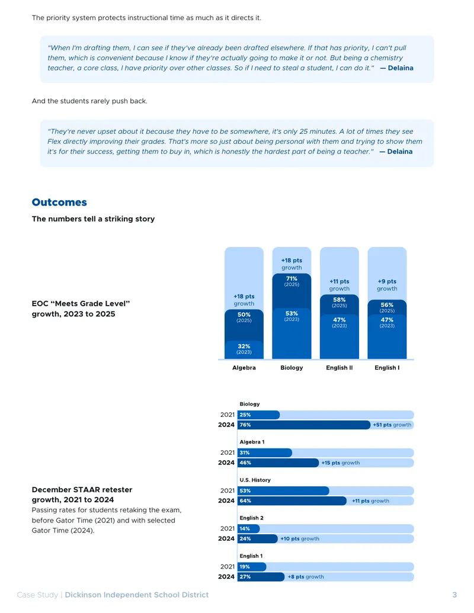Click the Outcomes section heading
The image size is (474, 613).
pyautogui.click(x=59, y=202)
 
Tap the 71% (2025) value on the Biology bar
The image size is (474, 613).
pyautogui.click(x=292, y=281)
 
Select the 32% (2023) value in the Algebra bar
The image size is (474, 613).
pyautogui.click(x=244, y=349)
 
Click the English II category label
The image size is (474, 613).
pyautogui.click(x=340, y=367)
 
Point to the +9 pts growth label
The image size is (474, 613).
pyautogui.click(x=387, y=285)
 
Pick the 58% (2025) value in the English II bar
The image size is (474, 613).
pyautogui.click(x=340, y=302)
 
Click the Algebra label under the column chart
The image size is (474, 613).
pyautogui.click(x=244, y=367)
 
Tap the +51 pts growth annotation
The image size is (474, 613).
pyautogui.click(x=392, y=425)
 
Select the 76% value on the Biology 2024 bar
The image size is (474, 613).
pyautogui.click(x=245, y=425)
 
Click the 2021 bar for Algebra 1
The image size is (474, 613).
pyautogui.click(x=265, y=452)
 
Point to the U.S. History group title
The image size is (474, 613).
pyautogui.click(x=255, y=480)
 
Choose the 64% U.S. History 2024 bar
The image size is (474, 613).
pyautogui.click(x=292, y=501)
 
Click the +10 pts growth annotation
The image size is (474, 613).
pyautogui.click(x=300, y=538)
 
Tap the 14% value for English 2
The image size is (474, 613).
pyautogui.click(x=245, y=528)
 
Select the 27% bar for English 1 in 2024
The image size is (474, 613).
pyautogui.click(x=261, y=577)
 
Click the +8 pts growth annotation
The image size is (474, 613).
pyautogui.click(x=306, y=577)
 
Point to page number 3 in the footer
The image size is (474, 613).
pyautogui.click(x=454, y=595)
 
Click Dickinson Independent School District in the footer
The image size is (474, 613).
pyautogui.click(x=136, y=595)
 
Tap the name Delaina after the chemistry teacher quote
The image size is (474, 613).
pyautogui.click(x=401, y=68)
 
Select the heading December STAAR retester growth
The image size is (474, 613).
pyautogui.click(x=82, y=495)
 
